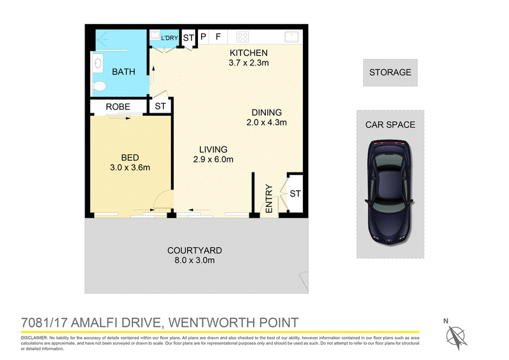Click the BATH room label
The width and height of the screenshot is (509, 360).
123,72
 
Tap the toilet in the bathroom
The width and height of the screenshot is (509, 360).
100,86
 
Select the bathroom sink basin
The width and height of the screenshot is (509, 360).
99,63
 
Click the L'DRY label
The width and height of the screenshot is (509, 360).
169,38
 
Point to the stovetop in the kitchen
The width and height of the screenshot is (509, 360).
242,37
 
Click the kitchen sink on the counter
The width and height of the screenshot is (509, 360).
291,37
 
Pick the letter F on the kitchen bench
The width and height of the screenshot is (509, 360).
218,37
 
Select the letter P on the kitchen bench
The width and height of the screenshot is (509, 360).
203,37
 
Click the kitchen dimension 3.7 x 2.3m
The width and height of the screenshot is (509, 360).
249,63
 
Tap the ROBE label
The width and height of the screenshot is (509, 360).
118,107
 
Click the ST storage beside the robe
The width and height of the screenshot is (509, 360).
160,106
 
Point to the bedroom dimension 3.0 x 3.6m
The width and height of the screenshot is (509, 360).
130,168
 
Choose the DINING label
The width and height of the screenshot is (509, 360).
267,113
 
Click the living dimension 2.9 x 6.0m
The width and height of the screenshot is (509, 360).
213,160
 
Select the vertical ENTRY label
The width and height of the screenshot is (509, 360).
268,198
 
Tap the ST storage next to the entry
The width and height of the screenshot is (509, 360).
295,194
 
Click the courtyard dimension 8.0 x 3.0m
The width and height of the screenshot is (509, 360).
195,260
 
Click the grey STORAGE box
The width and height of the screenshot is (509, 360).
390,73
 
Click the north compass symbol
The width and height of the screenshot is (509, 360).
456,336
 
